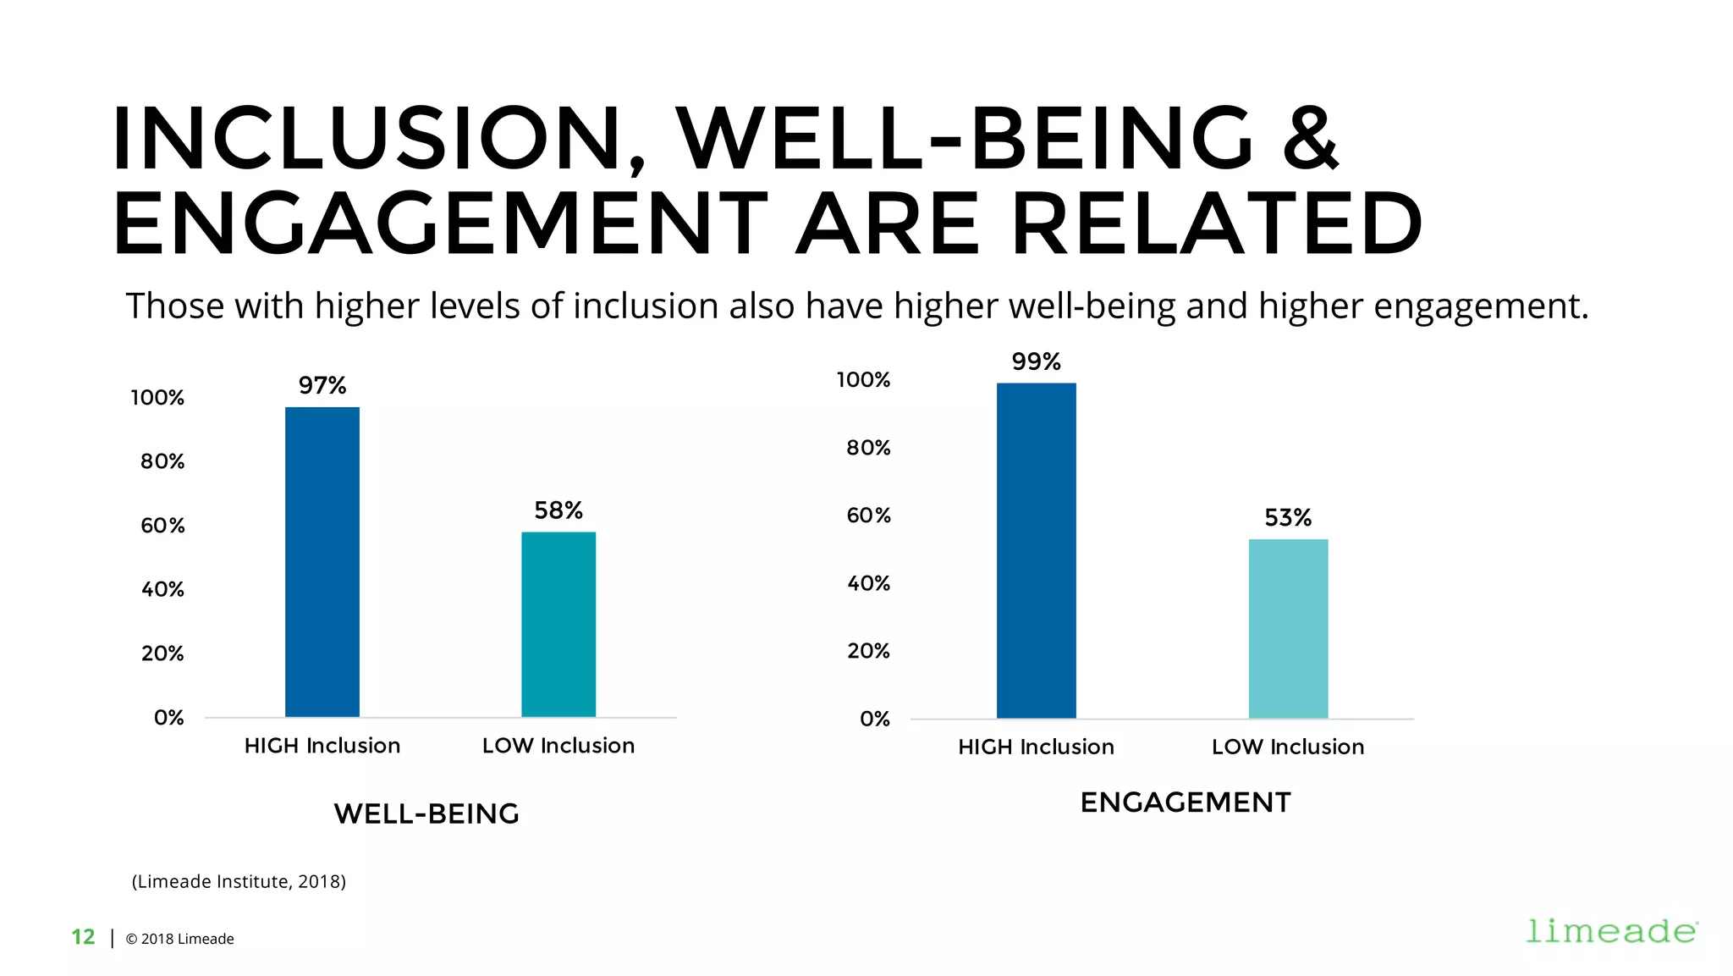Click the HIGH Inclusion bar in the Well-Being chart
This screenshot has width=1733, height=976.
(x=322, y=562)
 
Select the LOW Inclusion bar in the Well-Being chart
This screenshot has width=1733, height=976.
(x=558, y=625)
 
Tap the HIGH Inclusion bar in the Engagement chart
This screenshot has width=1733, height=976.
(x=1036, y=551)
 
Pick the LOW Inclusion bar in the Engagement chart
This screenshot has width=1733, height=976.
(x=1288, y=629)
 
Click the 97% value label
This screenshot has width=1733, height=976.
(x=322, y=386)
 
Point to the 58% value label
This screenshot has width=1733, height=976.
(x=558, y=510)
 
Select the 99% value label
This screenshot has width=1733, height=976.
(x=1036, y=362)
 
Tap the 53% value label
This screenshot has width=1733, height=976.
(x=1288, y=518)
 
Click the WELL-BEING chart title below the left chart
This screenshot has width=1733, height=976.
(x=426, y=814)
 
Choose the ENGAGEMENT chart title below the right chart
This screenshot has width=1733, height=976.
(x=1186, y=802)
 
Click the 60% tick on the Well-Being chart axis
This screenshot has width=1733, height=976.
(x=162, y=526)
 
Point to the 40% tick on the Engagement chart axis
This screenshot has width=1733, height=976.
(x=868, y=583)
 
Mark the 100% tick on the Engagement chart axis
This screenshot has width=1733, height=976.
(x=863, y=380)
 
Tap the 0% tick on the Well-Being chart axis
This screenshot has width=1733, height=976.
(x=168, y=718)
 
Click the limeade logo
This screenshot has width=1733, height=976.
(x=1611, y=931)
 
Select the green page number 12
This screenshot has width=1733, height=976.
(x=83, y=937)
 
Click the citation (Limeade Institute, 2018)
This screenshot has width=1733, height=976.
(x=239, y=881)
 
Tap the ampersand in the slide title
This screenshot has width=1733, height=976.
(x=1310, y=138)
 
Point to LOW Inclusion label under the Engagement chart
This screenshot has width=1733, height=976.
(x=1288, y=747)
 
